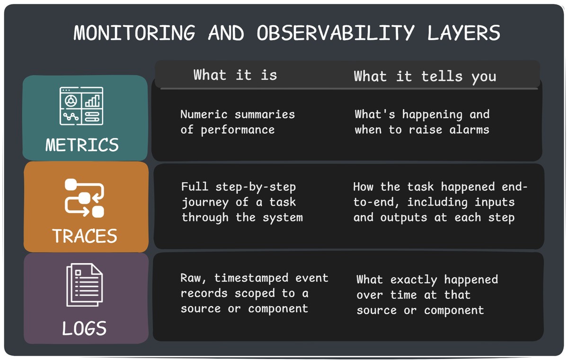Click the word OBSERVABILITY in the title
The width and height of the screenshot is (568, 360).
click(x=336, y=33)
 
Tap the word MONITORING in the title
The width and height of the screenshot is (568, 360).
click(x=134, y=33)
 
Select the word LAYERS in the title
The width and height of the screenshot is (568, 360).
click(x=463, y=33)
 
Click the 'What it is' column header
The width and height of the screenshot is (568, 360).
click(x=235, y=75)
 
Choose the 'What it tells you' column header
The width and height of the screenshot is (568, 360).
click(x=425, y=76)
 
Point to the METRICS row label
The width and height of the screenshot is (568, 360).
click(x=82, y=145)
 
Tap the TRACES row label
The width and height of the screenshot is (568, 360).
click(x=85, y=236)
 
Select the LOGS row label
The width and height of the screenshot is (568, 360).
click(x=84, y=328)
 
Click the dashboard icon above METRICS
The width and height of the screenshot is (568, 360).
click(x=81, y=106)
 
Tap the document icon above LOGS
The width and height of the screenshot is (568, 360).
click(x=84, y=285)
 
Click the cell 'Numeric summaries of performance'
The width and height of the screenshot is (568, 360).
click(x=237, y=122)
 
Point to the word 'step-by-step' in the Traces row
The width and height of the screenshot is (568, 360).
click(x=256, y=187)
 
